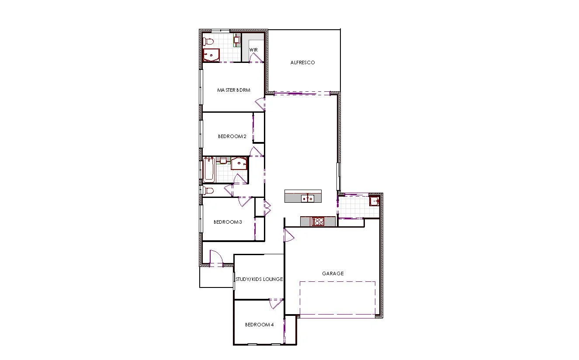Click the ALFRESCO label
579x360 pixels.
pyautogui.click(x=302, y=63)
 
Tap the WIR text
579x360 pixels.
pyautogui.click(x=253, y=50)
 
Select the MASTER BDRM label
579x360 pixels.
pyautogui.click(x=234, y=90)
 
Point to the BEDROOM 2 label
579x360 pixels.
pyautogui.click(x=232, y=136)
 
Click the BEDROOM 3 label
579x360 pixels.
pyautogui.click(x=228, y=222)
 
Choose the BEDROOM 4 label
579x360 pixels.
pyautogui.click(x=259, y=325)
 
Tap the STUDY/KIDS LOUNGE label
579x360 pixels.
pyautogui.click(x=259, y=279)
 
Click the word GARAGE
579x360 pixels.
pyautogui.click(x=333, y=273)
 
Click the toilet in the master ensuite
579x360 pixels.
pyautogui.click(x=208, y=42)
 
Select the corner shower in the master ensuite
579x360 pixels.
pyautogui.click(x=211, y=55)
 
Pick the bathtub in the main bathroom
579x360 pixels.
pyautogui.click(x=209, y=170)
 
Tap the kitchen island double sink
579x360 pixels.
pyautogui.click(x=308, y=199)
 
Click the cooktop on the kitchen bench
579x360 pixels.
pyautogui.click(x=318, y=222)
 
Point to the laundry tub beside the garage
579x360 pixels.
pyautogui.click(x=374, y=201)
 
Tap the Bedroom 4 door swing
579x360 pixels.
pyautogui.click(x=275, y=304)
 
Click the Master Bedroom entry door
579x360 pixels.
pyautogui.click(x=260, y=104)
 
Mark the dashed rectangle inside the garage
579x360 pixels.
pyautogui.click(x=337, y=298)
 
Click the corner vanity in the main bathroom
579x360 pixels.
pyautogui.click(x=239, y=163)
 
